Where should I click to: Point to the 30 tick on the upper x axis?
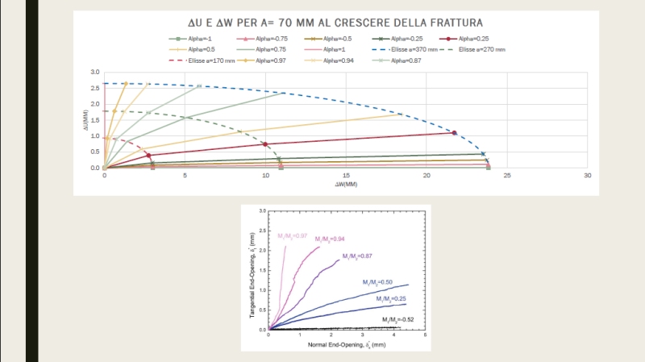click(588, 176)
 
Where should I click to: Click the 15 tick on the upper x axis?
click(346, 176)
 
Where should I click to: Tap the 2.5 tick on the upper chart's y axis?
click(95, 88)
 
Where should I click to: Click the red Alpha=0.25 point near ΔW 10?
click(264, 144)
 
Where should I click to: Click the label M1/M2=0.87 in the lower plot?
click(356, 256)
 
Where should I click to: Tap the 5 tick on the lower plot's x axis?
click(424, 335)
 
